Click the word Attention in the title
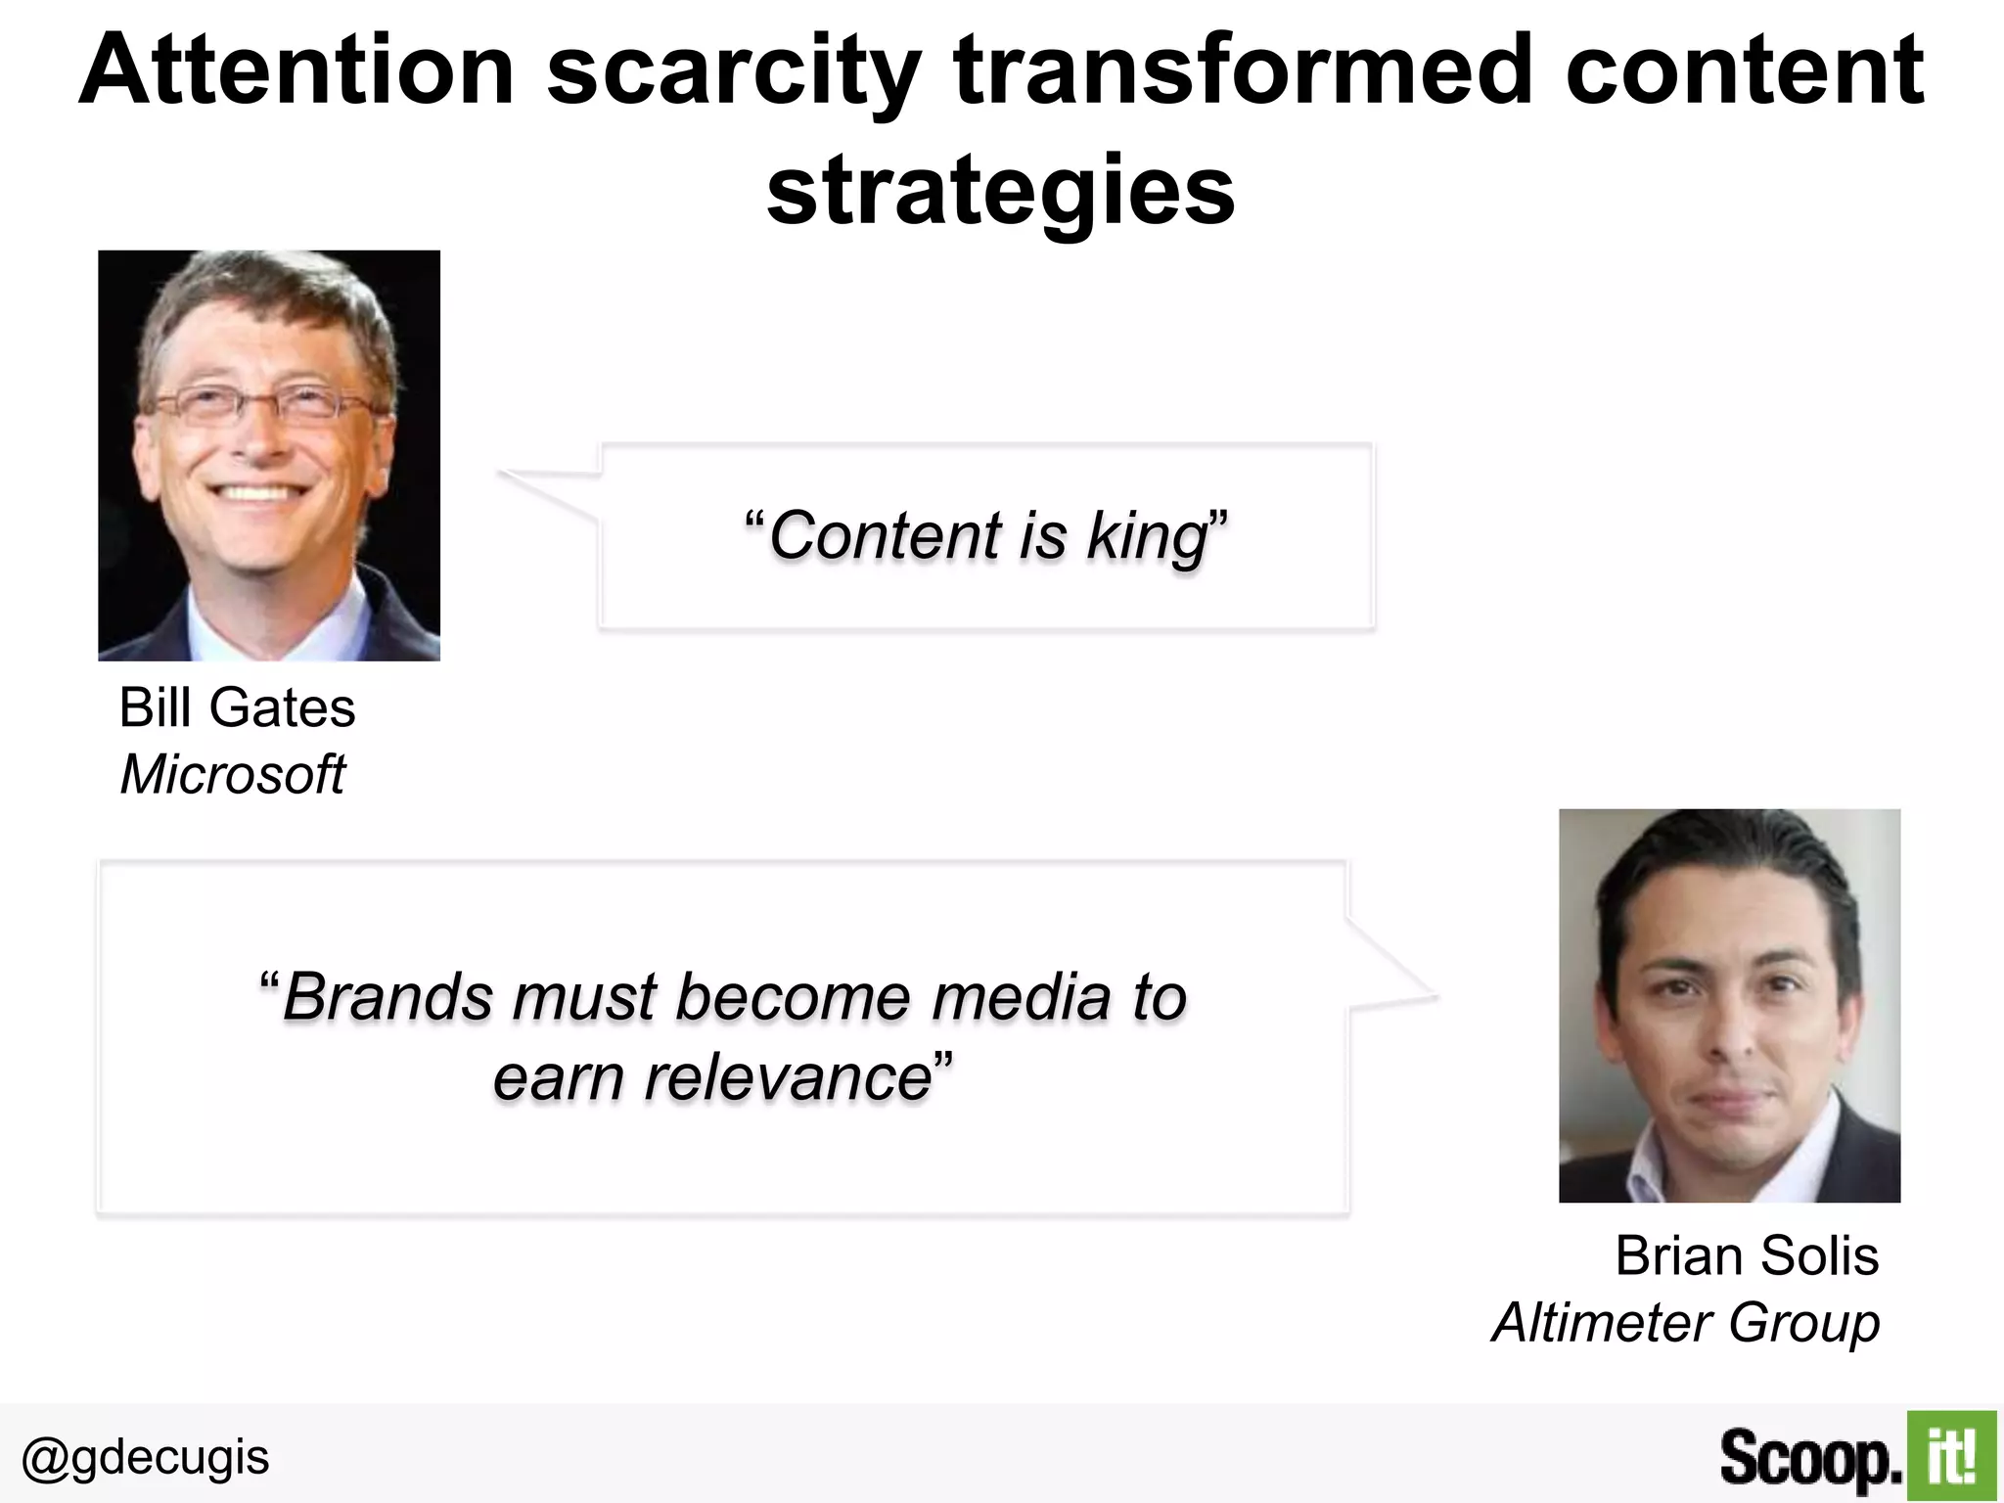click(x=296, y=70)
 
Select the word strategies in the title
click(x=1000, y=191)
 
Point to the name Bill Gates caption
click(x=237, y=707)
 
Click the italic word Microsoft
click(x=232, y=775)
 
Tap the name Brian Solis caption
click(x=1746, y=1255)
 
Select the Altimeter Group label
click(x=1685, y=1323)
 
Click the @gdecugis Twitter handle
click(x=145, y=1457)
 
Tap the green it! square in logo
click(x=1950, y=1456)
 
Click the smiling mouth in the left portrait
click(x=256, y=492)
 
